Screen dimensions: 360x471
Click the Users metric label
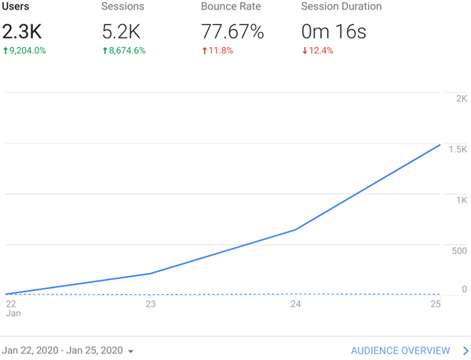tap(16, 7)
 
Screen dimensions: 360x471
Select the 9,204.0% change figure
tap(26, 51)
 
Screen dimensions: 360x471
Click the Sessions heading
tap(122, 7)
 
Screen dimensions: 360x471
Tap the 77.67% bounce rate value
tap(232, 32)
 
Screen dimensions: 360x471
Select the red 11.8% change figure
tap(217, 51)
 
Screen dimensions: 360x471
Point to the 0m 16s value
tap(334, 32)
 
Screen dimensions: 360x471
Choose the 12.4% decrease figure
tap(318, 51)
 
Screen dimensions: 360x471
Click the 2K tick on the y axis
tap(461, 99)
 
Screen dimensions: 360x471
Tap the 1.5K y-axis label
tap(457, 150)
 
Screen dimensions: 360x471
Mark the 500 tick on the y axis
tap(458, 251)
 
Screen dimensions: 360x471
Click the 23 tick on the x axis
tap(150, 304)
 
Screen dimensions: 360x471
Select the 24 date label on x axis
tap(295, 304)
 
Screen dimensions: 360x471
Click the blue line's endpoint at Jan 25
tap(440, 145)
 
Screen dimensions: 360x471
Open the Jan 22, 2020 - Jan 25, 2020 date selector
tap(68, 351)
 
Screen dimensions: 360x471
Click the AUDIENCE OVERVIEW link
tap(400, 351)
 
